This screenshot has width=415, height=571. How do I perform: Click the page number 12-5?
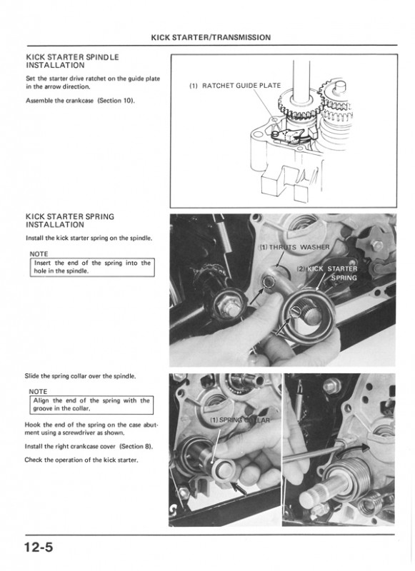tap(39, 547)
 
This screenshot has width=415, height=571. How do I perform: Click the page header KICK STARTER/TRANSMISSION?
tap(211, 38)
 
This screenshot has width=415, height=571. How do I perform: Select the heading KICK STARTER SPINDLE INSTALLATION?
tap(73, 61)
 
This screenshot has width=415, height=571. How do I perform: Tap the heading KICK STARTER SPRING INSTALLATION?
tap(70, 221)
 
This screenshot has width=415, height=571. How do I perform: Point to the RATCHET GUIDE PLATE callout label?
tap(235, 86)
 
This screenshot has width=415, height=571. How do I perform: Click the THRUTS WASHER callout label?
tap(294, 247)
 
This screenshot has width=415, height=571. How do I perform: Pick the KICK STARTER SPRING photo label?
tap(328, 273)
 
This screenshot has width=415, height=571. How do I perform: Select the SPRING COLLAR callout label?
tap(240, 420)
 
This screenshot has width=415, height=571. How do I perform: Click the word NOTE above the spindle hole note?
tap(39, 254)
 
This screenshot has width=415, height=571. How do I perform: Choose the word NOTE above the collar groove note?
tap(38, 391)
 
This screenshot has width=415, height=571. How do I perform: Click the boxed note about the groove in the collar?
tap(91, 405)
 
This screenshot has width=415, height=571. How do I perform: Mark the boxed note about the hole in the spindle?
tap(92, 267)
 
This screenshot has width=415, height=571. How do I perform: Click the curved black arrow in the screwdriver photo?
tap(352, 450)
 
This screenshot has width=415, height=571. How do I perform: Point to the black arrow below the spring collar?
tap(239, 488)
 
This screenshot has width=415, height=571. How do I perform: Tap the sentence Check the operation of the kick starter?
tap(81, 460)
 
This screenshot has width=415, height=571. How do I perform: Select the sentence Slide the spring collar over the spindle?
tap(80, 376)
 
